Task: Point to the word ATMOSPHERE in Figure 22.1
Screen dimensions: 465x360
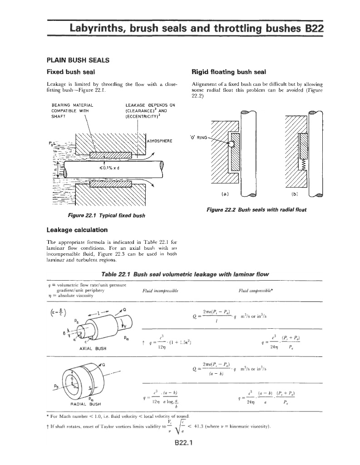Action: (x=159, y=141)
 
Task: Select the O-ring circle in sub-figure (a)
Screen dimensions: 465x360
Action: (x=231, y=144)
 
